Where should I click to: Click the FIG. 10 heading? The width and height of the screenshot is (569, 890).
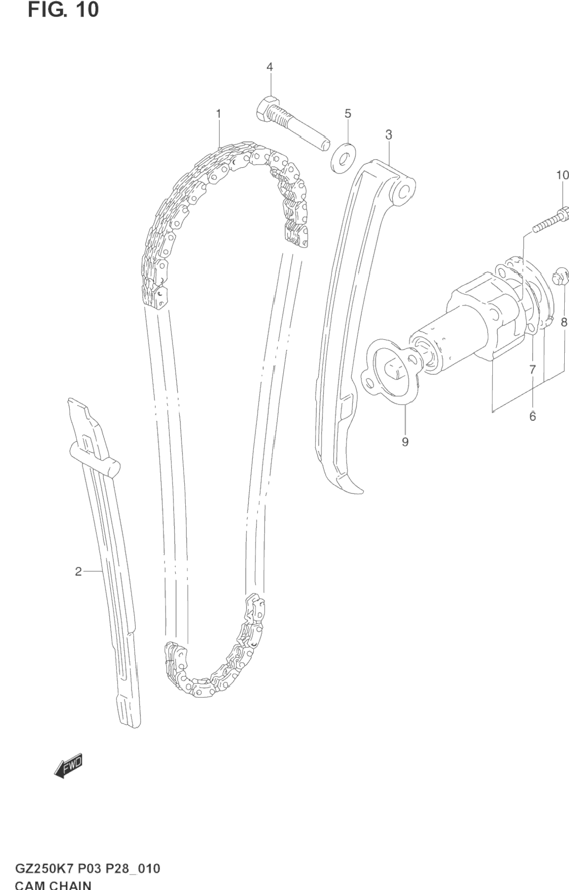click(x=63, y=10)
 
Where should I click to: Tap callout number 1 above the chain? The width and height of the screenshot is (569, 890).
click(x=218, y=113)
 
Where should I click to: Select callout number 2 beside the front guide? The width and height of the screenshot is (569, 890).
click(x=78, y=572)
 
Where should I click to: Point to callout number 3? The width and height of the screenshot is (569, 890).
click(x=389, y=135)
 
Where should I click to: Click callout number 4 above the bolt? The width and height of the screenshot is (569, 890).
click(x=269, y=67)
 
